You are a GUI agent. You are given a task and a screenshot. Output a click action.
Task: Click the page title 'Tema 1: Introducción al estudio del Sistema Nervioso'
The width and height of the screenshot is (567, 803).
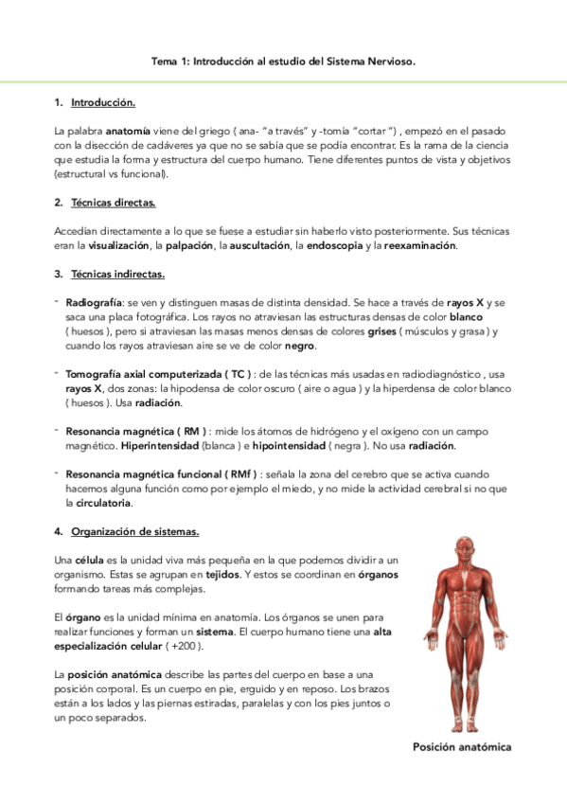click(x=283, y=61)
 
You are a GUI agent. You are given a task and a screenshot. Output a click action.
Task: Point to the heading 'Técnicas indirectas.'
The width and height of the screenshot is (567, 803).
click(x=117, y=275)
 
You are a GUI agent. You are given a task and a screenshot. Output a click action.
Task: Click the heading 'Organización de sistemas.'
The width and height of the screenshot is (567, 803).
click(x=134, y=531)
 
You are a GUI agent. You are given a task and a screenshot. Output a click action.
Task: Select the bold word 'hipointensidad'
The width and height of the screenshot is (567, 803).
click(x=291, y=445)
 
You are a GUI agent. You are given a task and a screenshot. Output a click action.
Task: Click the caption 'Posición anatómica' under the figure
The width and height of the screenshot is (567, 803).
click(x=462, y=747)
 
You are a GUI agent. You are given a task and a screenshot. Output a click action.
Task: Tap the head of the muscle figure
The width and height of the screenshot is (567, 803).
click(x=462, y=558)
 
